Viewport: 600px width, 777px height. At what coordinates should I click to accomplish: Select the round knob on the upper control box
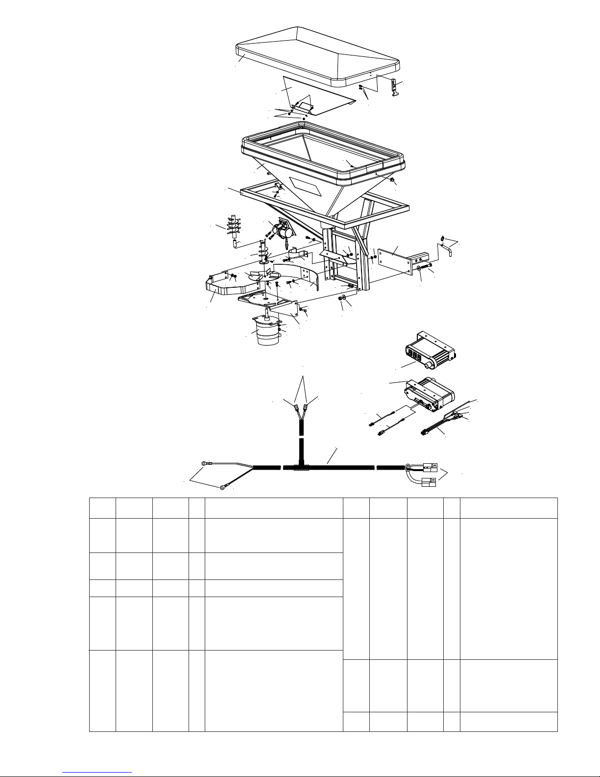tap(431, 365)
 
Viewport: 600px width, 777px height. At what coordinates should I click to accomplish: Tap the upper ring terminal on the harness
tap(205, 462)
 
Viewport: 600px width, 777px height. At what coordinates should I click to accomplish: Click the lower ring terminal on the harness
tap(223, 487)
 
